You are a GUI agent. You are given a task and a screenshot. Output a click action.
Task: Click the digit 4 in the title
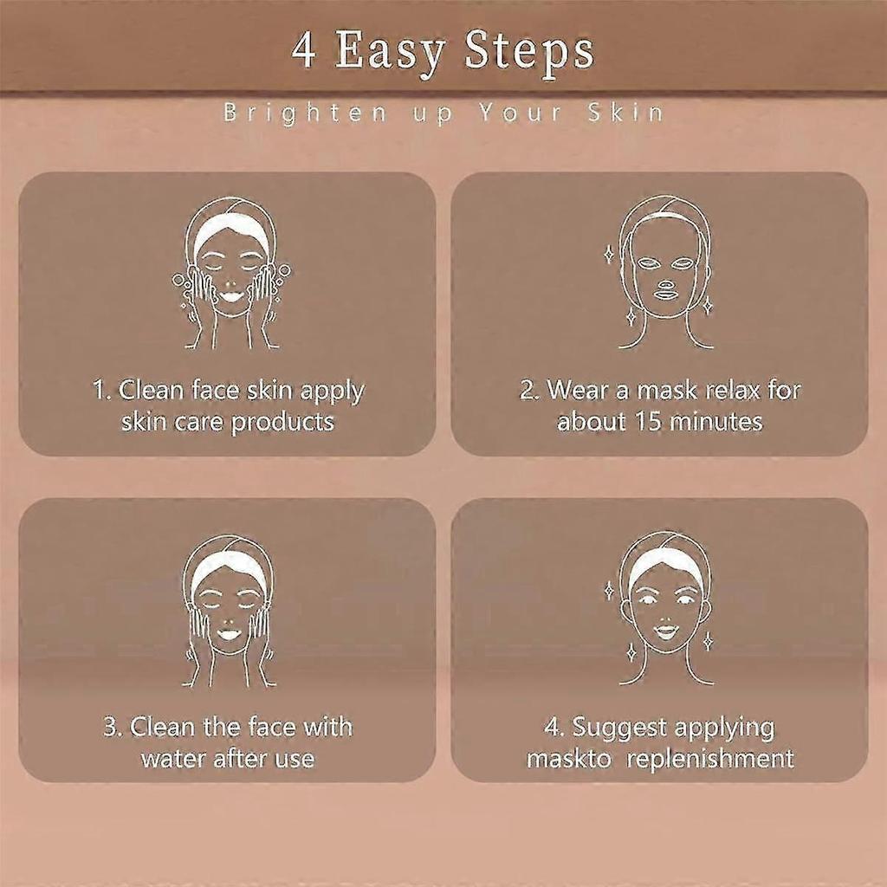pyautogui.click(x=303, y=50)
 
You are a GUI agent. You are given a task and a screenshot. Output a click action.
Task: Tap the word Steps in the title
pyautogui.click(x=529, y=53)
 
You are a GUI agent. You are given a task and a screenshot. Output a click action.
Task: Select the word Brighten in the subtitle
pyautogui.click(x=306, y=113)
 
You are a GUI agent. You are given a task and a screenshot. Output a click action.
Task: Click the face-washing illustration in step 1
pyautogui.click(x=230, y=273)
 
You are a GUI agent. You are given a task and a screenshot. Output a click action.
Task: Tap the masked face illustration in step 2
pyautogui.click(x=664, y=271)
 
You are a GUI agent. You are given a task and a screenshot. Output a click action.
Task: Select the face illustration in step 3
pyautogui.click(x=229, y=611)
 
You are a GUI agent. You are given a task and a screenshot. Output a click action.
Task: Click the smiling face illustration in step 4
pyautogui.click(x=664, y=608)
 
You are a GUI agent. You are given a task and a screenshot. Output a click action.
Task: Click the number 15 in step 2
pyautogui.click(x=648, y=422)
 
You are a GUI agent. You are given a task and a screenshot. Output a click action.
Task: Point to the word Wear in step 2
pyautogui.click(x=577, y=391)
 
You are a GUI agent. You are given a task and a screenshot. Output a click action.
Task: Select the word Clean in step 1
pyautogui.click(x=151, y=391)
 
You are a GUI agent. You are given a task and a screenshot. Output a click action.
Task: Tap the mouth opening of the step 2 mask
pyautogui.click(x=666, y=295)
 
